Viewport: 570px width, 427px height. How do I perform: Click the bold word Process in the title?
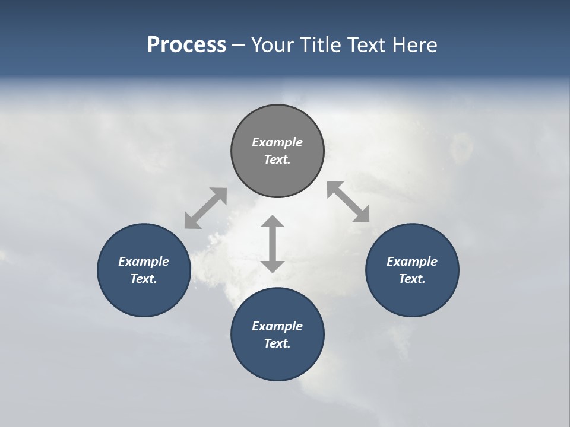[x=186, y=45]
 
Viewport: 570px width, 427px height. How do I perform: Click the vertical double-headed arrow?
[x=273, y=244]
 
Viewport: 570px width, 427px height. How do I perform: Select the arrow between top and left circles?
[x=205, y=208]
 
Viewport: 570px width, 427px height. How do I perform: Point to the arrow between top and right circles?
[x=348, y=202]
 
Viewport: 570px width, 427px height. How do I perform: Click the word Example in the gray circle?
[x=277, y=142]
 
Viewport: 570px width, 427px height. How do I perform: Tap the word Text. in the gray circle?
[x=277, y=160]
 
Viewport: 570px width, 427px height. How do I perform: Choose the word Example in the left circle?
[x=144, y=262]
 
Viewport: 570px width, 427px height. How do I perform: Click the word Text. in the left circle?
[x=144, y=279]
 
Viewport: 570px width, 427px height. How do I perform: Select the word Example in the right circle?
[x=412, y=262]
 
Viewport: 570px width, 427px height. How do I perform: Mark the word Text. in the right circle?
[x=412, y=279]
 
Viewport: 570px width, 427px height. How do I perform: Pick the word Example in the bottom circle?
[x=277, y=326]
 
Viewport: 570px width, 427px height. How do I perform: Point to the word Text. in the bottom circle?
[x=277, y=343]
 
